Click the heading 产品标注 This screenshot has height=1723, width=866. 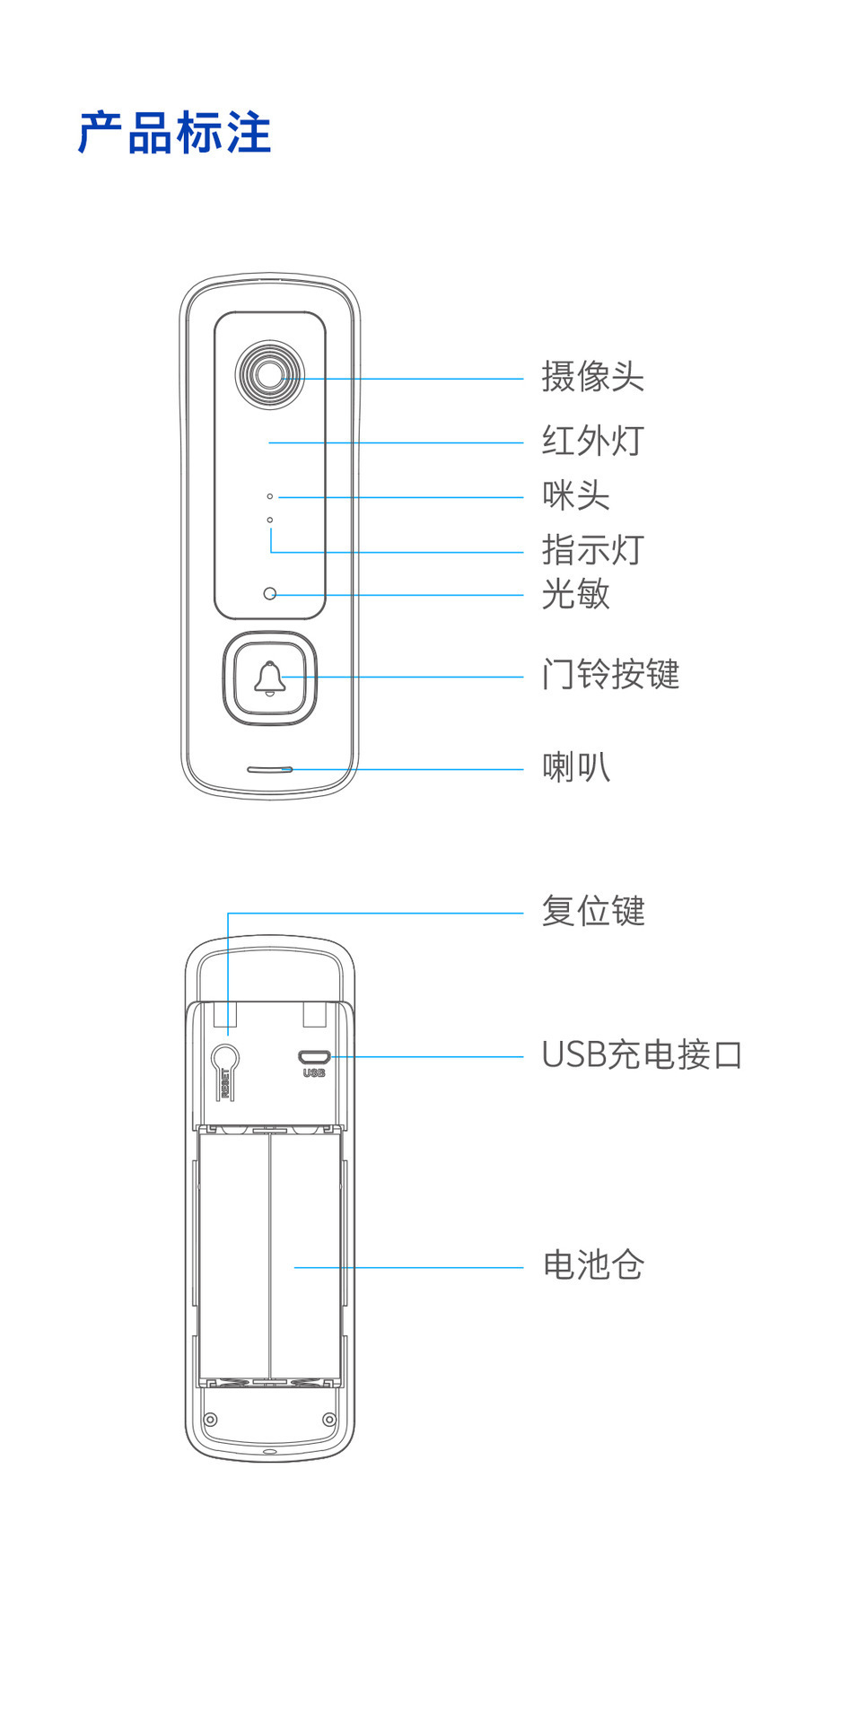click(174, 133)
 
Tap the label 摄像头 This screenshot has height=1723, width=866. click(592, 377)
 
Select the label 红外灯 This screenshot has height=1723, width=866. click(592, 441)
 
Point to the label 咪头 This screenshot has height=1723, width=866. click(575, 495)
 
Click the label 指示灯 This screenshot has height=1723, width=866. click(592, 550)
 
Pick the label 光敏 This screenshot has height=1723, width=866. click(575, 594)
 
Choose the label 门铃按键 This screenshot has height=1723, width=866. click(610, 674)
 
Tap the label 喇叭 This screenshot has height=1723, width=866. click(575, 767)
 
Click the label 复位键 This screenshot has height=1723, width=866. click(592, 911)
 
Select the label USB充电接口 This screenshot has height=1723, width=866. click(642, 1055)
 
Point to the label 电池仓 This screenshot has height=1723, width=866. click(592, 1265)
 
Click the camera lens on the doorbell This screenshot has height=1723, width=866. click(269, 374)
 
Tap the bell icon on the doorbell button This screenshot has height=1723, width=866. click(269, 678)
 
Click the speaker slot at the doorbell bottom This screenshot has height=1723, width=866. click(269, 769)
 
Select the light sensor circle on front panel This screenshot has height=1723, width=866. click(269, 593)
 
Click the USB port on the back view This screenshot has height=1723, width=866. click(314, 1057)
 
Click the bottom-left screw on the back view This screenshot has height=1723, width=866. click(211, 1419)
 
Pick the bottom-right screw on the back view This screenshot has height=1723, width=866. click(329, 1419)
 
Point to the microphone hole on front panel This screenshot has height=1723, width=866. click(269, 496)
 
